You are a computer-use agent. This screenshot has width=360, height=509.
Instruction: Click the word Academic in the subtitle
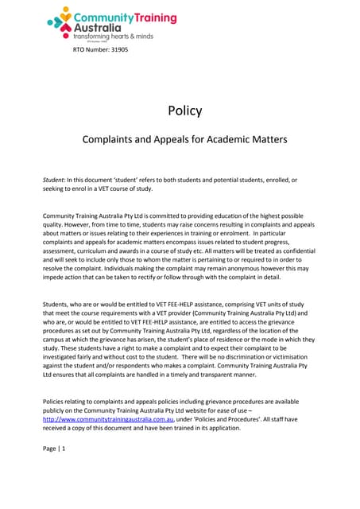click(x=216, y=139)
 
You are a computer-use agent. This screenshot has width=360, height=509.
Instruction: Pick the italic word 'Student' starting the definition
click(x=55, y=181)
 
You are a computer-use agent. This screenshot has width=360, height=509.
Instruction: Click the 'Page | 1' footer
click(x=54, y=472)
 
